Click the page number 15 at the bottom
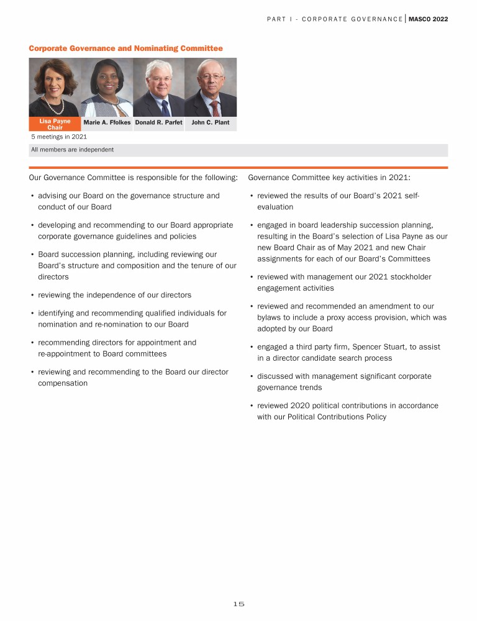(x=238, y=604)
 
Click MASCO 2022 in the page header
(x=428, y=19)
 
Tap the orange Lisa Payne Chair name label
(x=55, y=124)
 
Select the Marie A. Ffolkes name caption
(x=107, y=123)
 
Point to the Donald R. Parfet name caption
(x=158, y=123)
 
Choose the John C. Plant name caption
(x=210, y=123)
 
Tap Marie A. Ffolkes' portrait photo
(x=106, y=87)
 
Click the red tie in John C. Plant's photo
(x=214, y=107)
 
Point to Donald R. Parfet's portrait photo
(x=158, y=87)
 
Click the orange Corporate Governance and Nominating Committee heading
(x=125, y=48)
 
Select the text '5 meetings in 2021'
(x=59, y=137)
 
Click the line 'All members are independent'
(x=72, y=150)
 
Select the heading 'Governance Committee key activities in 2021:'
(x=329, y=178)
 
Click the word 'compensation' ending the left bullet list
(x=63, y=383)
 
